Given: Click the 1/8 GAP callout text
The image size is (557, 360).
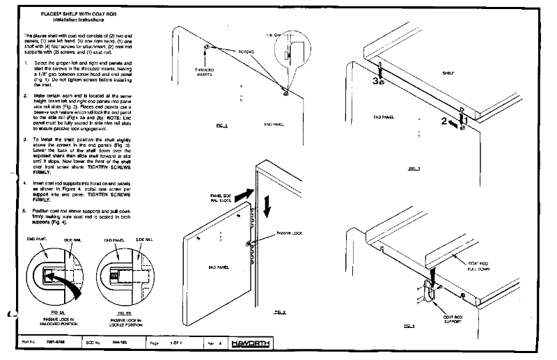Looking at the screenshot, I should tap(276, 34).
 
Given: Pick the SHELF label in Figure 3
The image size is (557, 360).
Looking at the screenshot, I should tap(448, 72).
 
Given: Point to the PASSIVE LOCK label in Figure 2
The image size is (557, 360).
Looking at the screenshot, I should tap(289, 234).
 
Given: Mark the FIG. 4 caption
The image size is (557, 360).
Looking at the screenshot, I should tap(409, 325).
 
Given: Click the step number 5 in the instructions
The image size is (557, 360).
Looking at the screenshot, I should tap(26, 210).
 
